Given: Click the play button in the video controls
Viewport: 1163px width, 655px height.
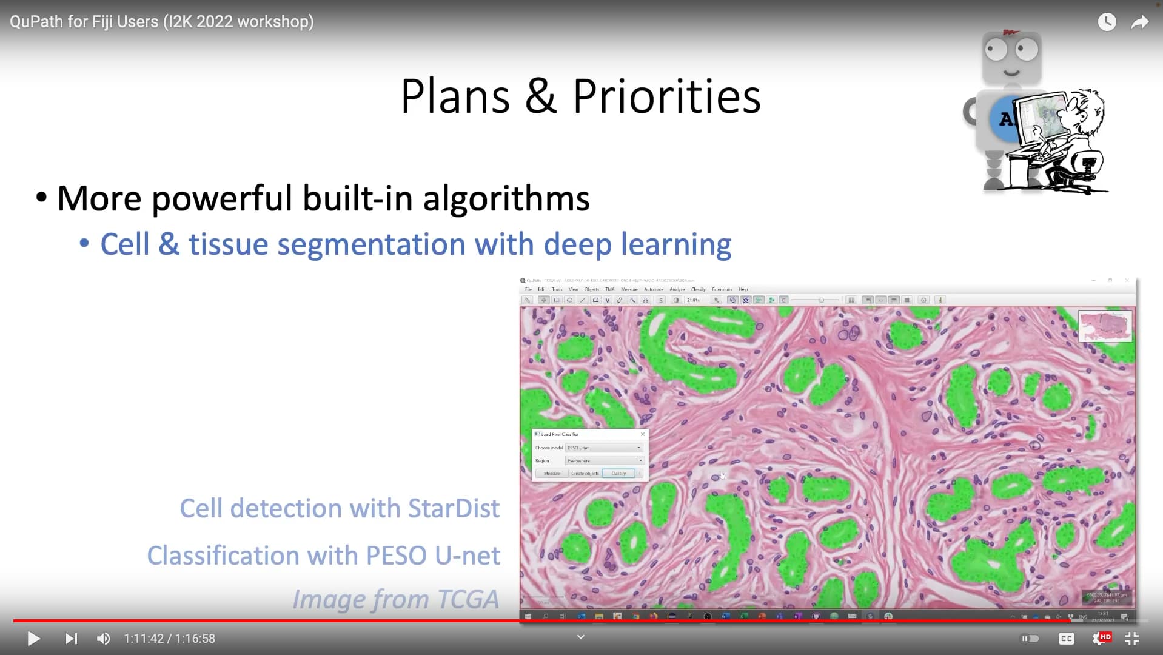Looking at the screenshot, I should pyautogui.click(x=34, y=639).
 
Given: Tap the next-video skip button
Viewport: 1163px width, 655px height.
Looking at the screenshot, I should pyautogui.click(x=71, y=639).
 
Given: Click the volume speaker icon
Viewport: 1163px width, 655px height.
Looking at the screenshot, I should pyautogui.click(x=104, y=639).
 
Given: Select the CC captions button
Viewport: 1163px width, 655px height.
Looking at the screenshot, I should pyautogui.click(x=1066, y=639).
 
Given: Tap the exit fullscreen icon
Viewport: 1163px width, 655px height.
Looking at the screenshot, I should pyautogui.click(x=1132, y=639).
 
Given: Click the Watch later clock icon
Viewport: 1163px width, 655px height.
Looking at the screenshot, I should pyautogui.click(x=1107, y=22).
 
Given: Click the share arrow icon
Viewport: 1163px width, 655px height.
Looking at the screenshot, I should pyautogui.click(x=1140, y=22).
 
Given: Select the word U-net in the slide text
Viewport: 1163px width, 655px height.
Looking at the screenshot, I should pyautogui.click(x=467, y=556).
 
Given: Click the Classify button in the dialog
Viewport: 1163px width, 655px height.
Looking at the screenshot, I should pyautogui.click(x=618, y=474).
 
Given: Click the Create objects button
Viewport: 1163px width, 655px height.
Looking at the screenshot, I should pyautogui.click(x=585, y=474).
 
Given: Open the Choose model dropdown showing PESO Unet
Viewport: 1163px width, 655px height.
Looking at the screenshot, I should pyautogui.click(x=604, y=448).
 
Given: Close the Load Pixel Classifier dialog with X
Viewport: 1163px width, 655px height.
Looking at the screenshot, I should pyautogui.click(x=643, y=434).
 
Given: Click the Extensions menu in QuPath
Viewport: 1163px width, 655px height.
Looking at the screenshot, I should pyautogui.click(x=722, y=289).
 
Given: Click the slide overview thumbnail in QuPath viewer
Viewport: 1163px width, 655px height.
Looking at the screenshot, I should pyautogui.click(x=1105, y=326).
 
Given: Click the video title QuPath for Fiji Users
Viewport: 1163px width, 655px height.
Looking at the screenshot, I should pyautogui.click(x=161, y=22).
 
